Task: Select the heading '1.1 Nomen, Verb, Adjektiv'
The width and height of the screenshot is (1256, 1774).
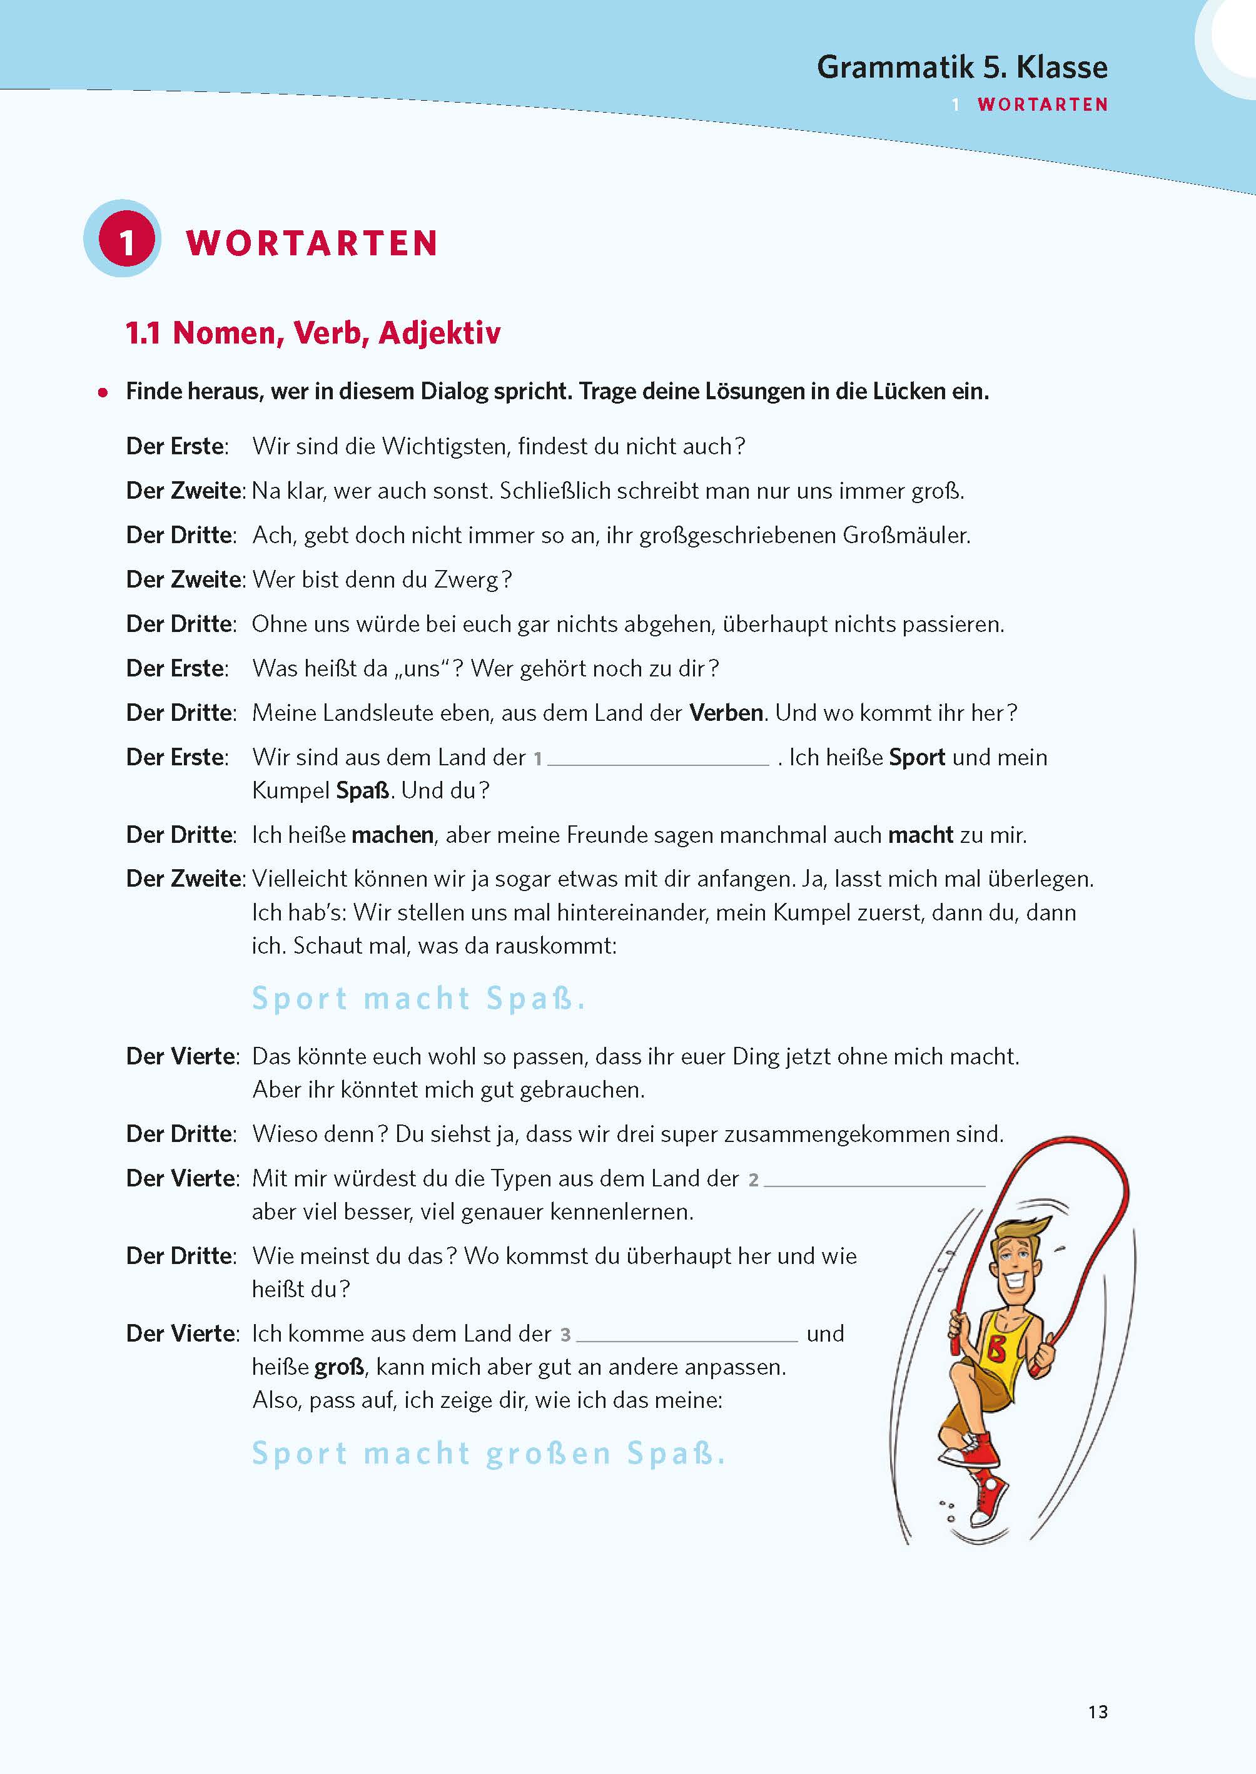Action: click(x=313, y=334)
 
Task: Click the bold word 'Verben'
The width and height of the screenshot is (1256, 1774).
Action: click(x=726, y=713)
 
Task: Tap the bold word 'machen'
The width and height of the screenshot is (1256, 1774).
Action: click(x=392, y=835)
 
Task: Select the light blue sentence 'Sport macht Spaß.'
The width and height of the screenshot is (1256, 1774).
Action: click(x=418, y=999)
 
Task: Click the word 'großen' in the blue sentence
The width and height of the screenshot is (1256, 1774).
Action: click(x=549, y=1454)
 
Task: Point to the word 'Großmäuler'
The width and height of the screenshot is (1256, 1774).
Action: click(x=906, y=536)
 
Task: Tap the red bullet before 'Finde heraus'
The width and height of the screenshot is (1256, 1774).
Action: click(x=103, y=393)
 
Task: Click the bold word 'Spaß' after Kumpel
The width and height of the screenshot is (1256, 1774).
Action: click(x=363, y=791)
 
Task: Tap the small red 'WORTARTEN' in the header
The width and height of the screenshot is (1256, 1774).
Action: click(x=1043, y=105)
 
